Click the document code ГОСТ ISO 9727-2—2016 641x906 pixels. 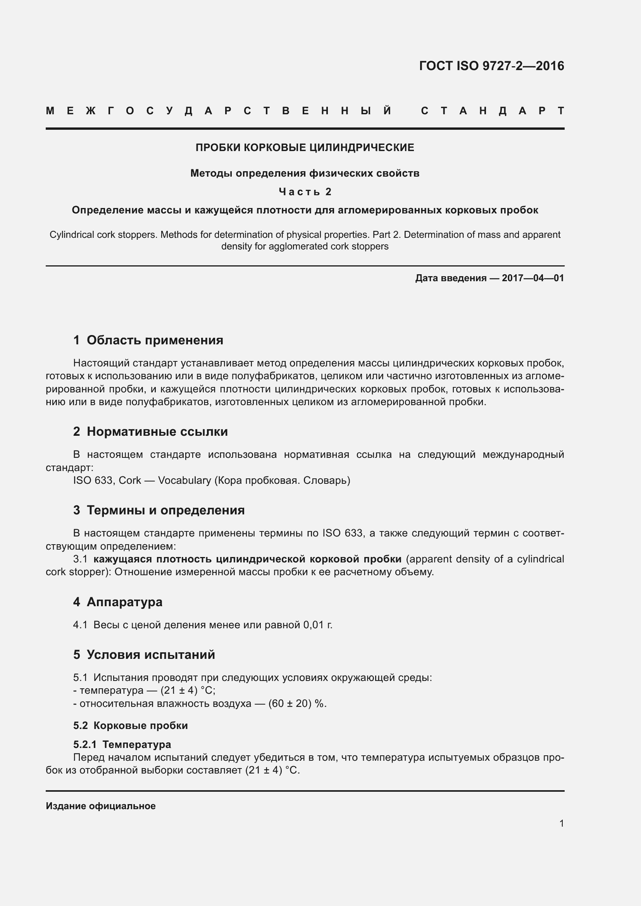click(x=491, y=65)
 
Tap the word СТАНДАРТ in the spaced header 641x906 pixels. click(x=493, y=111)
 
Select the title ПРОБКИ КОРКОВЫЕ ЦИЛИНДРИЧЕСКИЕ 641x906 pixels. click(x=305, y=148)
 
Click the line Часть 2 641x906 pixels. click(x=305, y=192)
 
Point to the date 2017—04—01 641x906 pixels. click(x=532, y=278)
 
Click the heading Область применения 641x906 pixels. click(x=155, y=340)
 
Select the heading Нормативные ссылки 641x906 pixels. click(x=157, y=432)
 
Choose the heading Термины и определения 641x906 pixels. click(x=165, y=510)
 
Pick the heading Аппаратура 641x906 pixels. click(x=124, y=602)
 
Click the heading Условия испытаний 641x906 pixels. click(x=151, y=655)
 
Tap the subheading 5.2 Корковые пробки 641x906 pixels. click(x=130, y=725)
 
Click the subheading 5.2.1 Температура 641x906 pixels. click(x=122, y=744)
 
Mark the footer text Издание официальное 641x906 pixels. click(x=101, y=806)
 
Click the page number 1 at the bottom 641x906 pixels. click(x=561, y=823)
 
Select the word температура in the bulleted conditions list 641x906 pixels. click(x=111, y=690)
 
